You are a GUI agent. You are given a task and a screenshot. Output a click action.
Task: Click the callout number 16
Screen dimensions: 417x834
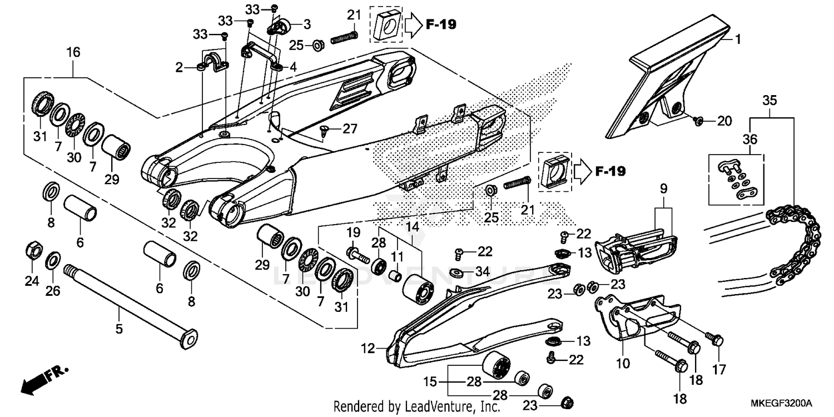tap(73, 53)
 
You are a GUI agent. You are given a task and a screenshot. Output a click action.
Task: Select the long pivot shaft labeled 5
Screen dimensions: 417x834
tap(128, 302)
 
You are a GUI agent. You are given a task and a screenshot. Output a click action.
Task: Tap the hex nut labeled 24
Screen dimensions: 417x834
tap(33, 251)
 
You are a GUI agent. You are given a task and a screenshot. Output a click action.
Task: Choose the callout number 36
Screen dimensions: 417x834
tap(750, 140)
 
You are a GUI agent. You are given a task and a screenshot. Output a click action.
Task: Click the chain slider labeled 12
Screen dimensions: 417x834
tap(473, 311)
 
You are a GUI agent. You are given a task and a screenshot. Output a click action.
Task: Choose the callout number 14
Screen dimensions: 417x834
tap(412, 226)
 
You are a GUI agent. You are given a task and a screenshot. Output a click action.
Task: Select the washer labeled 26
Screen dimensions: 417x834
tap(53, 259)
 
